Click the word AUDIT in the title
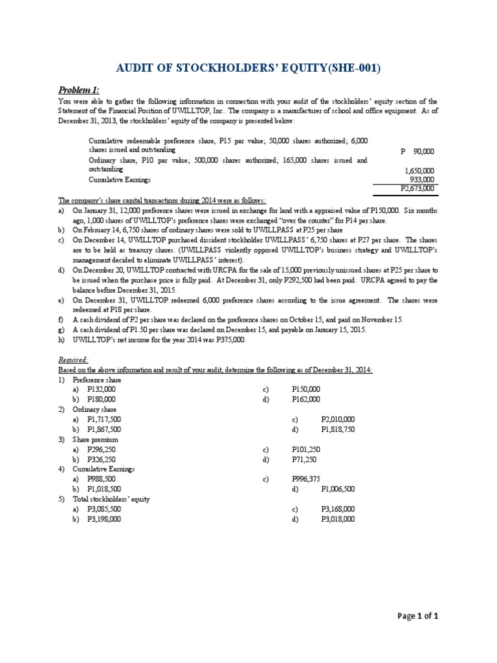(136, 69)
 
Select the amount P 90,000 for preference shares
(417, 152)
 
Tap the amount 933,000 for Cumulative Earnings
(423, 180)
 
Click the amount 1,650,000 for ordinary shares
(419, 171)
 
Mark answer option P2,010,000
(338, 420)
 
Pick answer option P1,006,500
(338, 489)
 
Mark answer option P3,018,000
(338, 519)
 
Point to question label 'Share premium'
(96, 440)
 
